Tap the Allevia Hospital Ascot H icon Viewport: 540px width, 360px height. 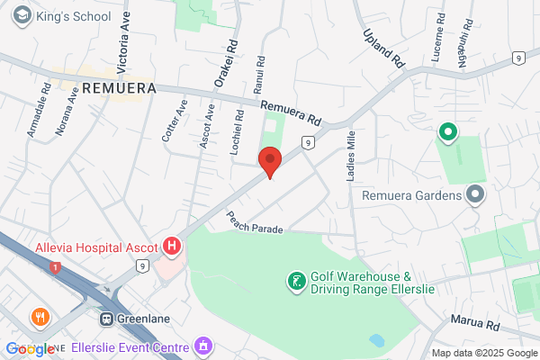[171, 246]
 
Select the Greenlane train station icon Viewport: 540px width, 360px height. [106, 319]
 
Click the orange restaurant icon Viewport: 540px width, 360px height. [39, 317]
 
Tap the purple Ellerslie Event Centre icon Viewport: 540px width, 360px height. [204, 346]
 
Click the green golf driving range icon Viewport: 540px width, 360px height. [295, 283]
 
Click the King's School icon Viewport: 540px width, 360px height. [20, 15]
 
